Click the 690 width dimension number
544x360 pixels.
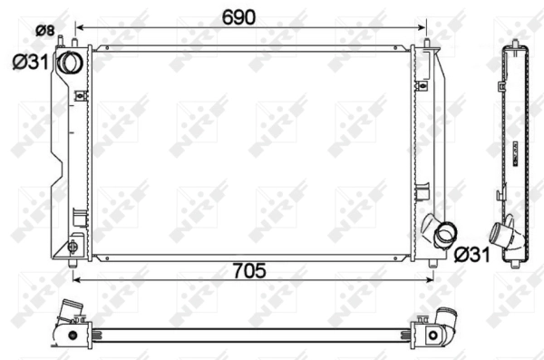239,16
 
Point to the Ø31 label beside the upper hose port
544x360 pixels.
30,63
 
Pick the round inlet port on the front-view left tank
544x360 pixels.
69,63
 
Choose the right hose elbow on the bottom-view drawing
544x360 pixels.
446,320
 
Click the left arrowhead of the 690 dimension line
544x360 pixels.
79,28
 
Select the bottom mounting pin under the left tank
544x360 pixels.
73,263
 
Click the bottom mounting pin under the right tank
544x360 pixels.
432,263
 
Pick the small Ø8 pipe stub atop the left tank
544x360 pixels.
61,43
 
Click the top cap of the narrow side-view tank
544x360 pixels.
515,44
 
